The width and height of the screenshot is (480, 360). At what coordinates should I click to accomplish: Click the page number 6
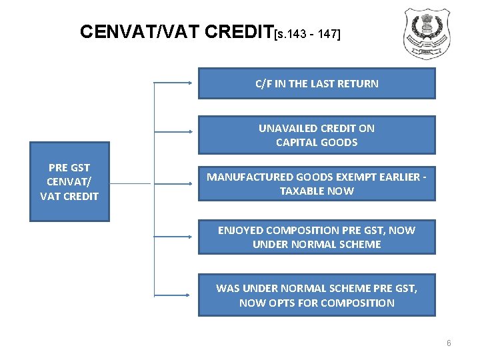(449, 343)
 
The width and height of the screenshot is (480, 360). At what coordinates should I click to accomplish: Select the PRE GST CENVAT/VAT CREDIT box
(69, 181)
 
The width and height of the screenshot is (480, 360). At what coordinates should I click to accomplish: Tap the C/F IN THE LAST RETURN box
(317, 83)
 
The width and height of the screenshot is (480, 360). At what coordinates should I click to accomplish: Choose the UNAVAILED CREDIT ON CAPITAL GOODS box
(317, 135)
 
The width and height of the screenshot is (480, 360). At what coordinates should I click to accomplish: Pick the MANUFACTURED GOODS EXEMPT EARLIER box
(317, 184)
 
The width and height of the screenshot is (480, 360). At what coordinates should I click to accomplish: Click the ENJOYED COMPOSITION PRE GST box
(317, 237)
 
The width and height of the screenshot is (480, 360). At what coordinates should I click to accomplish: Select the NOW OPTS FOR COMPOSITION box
(317, 295)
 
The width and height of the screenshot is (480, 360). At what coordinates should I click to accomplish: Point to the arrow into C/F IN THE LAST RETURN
(175, 83)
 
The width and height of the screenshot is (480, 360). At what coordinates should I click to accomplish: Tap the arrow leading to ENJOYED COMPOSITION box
(175, 236)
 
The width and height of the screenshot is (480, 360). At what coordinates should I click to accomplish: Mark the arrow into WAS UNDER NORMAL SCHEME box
(175, 294)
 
